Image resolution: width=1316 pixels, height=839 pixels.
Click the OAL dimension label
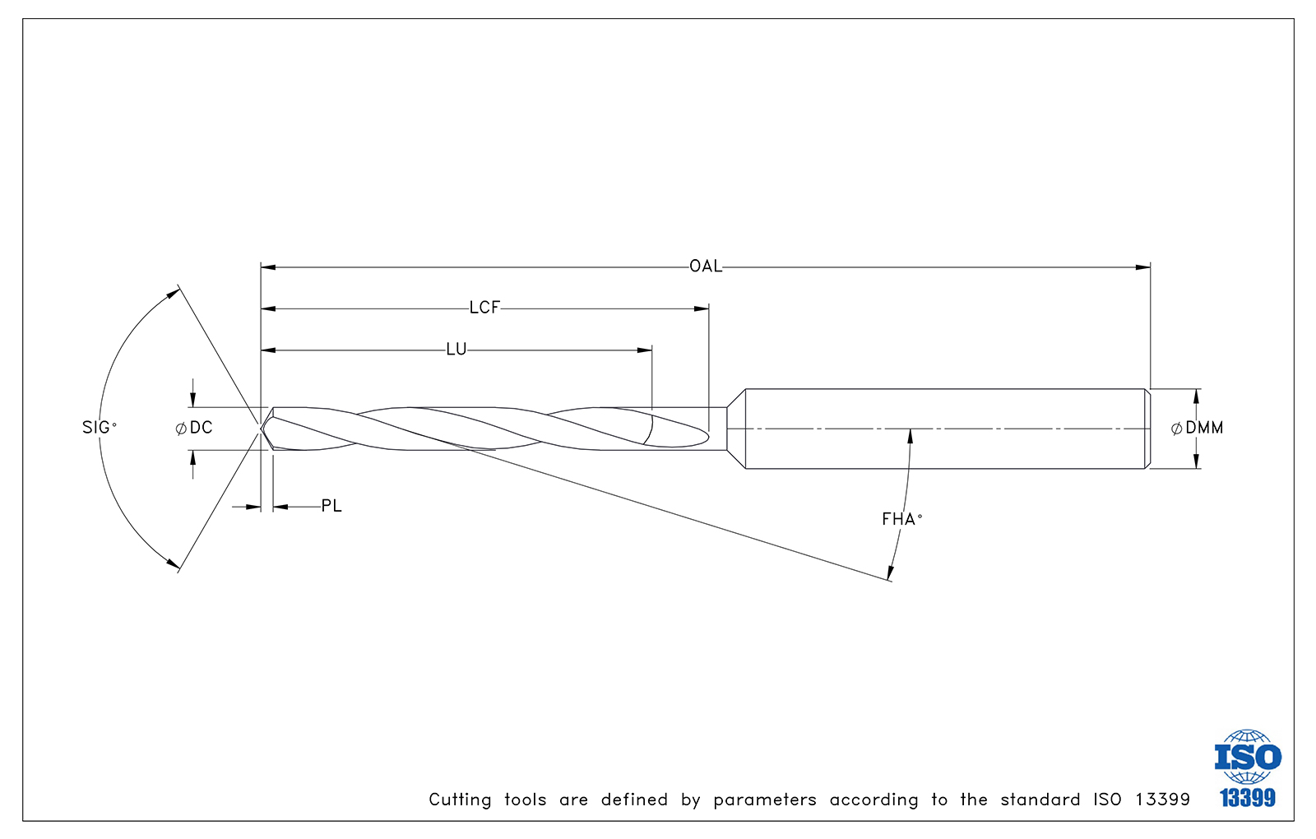pos(706,267)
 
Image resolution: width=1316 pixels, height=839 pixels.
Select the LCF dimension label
pos(484,308)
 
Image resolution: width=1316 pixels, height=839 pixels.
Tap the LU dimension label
pos(456,349)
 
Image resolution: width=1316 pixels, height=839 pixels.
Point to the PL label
pos(331,506)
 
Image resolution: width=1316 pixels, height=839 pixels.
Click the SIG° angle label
pos(100,427)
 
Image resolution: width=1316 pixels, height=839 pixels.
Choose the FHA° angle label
pos(901,519)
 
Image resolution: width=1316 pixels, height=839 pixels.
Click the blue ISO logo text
pos(1248,757)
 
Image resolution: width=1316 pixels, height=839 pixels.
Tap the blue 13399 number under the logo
pos(1248,798)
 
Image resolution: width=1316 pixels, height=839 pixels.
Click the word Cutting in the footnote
pos(460,800)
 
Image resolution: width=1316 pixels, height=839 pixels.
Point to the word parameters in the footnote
pos(765,800)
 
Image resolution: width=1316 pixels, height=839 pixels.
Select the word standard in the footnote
pos(1040,799)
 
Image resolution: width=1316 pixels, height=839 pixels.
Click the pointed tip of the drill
pos(261,429)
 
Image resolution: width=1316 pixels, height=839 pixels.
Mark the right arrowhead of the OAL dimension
pos(1142,267)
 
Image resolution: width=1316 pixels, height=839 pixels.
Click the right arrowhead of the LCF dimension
pos(702,308)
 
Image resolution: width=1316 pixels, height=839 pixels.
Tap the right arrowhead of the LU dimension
pos(645,350)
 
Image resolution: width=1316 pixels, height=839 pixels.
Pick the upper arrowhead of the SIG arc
pos(174,293)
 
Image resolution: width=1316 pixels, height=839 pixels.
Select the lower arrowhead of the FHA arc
pos(890,573)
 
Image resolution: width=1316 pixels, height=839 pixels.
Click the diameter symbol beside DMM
pos(1177,429)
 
